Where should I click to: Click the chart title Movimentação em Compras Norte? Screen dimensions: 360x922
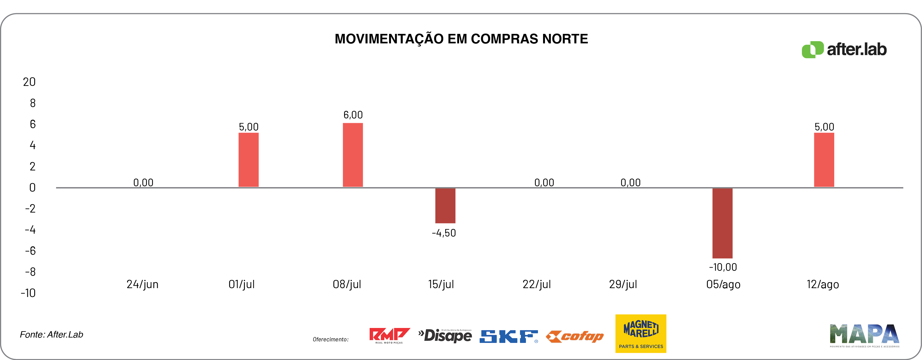[461, 39]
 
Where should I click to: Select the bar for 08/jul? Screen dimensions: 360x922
[353, 155]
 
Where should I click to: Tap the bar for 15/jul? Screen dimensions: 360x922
[445, 205]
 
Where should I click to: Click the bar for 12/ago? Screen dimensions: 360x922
[823, 160]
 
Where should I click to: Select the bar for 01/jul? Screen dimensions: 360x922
[248, 160]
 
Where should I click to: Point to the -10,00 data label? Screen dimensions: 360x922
[723, 267]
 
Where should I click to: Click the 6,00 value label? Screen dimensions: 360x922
[353, 115]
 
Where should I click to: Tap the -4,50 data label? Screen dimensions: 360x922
[444, 233]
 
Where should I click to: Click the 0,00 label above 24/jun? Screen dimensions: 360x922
[143, 182]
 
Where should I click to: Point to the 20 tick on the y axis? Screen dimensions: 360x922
[29, 82]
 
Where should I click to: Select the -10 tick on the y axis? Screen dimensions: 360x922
[28, 293]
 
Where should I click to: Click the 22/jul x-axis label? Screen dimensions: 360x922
[536, 284]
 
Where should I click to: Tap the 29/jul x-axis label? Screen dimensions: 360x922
[623, 284]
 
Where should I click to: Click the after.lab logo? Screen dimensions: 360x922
[844, 49]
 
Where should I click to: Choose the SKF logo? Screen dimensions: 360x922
[509, 336]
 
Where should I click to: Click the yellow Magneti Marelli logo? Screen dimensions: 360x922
[641, 333]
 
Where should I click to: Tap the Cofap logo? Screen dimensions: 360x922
[575, 336]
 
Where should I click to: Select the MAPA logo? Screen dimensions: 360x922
[864, 335]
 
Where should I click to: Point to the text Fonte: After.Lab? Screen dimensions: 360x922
[52, 335]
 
